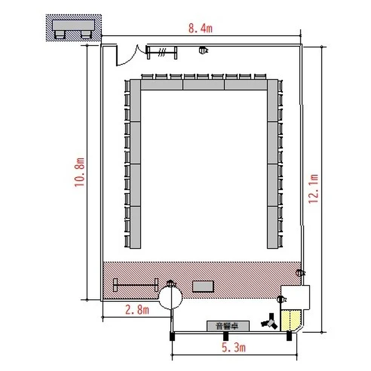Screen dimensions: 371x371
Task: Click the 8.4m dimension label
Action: tap(200, 28)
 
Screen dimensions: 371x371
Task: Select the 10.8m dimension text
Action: tap(80, 172)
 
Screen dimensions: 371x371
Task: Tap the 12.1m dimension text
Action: tap(313, 188)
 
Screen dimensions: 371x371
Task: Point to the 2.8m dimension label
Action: tap(137, 310)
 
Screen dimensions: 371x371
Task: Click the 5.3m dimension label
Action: tap(233, 348)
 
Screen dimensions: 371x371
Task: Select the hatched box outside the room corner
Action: tap(74, 28)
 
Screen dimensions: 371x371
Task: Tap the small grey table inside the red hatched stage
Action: tap(203, 286)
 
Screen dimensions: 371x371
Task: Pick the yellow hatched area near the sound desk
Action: tap(290, 321)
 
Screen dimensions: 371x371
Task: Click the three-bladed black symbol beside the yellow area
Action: tap(270, 322)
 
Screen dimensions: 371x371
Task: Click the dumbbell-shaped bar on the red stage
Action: tap(136, 285)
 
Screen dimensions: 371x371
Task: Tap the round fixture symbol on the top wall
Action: tap(203, 50)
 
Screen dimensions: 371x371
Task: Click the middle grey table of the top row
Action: tap(203, 85)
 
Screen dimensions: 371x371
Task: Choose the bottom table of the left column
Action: tap(136, 227)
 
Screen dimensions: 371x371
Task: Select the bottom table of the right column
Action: tap(273, 227)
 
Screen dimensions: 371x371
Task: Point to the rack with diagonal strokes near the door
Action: tap(162, 52)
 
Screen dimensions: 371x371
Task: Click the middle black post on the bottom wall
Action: tap(226, 336)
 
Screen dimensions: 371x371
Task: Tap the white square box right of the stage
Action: tap(295, 297)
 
